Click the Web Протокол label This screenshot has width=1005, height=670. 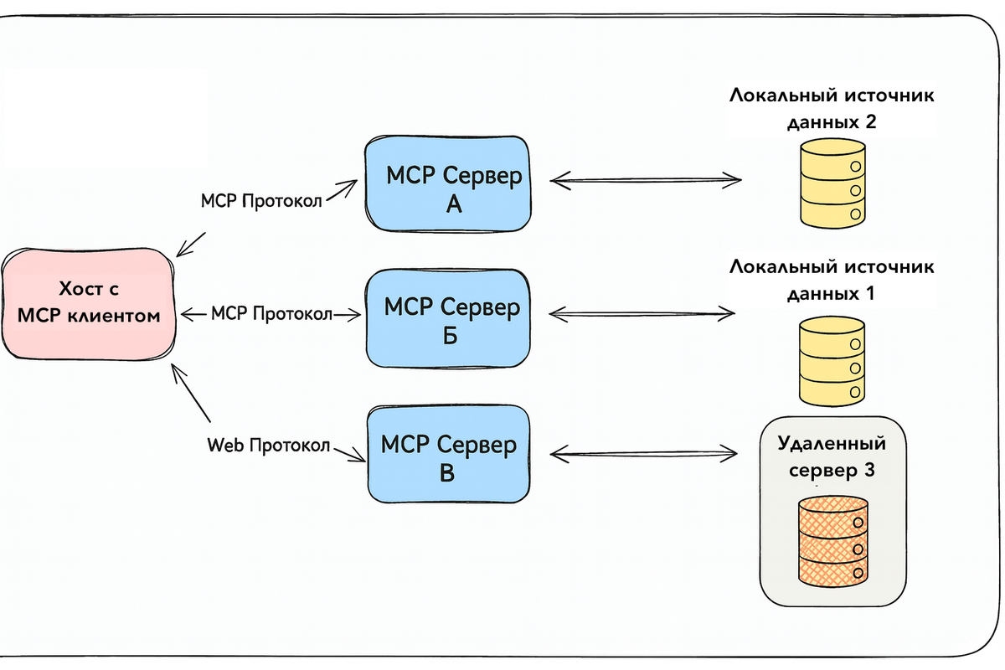269,445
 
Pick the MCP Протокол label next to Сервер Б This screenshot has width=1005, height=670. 271,314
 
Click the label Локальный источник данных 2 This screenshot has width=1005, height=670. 832,108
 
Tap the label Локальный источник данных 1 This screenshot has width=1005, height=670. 832,281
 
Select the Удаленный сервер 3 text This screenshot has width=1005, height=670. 832,456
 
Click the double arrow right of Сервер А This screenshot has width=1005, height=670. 647,179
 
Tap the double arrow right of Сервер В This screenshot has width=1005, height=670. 644,455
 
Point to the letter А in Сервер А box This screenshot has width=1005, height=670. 453,204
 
